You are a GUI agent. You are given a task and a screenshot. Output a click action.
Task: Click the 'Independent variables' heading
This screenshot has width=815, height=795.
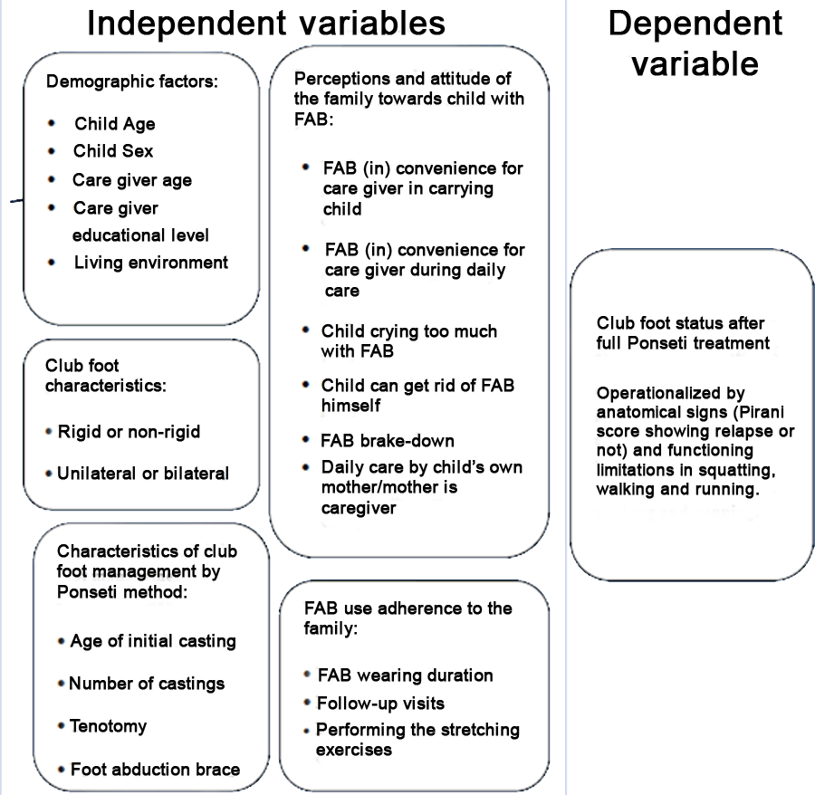(266, 24)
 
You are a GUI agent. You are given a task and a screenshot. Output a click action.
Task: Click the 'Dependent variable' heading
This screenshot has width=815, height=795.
(695, 43)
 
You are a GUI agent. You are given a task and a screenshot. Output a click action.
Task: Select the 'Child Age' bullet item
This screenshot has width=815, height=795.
(115, 124)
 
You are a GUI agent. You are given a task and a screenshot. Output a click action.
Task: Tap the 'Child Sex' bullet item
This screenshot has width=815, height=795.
(113, 150)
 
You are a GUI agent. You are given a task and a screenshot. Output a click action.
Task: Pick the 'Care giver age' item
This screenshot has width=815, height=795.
(132, 180)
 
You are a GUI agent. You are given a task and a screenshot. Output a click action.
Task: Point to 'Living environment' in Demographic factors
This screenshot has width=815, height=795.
(150, 263)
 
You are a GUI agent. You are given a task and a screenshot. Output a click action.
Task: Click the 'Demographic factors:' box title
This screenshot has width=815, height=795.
(132, 81)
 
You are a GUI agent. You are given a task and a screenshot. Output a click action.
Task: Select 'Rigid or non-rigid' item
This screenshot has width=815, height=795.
(129, 432)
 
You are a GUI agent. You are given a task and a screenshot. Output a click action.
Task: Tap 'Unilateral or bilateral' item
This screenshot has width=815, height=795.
(143, 474)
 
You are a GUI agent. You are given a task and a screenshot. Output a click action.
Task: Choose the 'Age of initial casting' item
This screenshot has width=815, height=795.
(153, 641)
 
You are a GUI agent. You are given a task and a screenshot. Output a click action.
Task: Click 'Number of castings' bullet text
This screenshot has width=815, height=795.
(147, 684)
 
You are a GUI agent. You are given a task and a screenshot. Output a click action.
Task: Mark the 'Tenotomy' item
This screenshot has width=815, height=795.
(108, 726)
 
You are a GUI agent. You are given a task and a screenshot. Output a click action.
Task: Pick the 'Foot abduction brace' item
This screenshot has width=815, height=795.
(155, 769)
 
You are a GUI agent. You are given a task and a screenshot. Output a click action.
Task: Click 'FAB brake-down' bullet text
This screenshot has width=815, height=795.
(388, 441)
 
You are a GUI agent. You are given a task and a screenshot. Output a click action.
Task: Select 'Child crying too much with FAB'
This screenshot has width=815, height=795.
(409, 340)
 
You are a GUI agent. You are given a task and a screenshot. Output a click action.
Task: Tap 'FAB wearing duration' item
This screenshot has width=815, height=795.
(406, 675)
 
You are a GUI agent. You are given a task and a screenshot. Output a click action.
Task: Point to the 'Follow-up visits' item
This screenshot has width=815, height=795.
(381, 703)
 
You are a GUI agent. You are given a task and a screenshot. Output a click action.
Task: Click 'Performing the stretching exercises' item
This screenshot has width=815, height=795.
(417, 740)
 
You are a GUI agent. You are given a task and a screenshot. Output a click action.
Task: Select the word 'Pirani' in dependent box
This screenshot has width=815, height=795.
(762, 412)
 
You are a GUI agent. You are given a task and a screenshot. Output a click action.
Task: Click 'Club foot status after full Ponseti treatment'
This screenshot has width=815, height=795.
(683, 333)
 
